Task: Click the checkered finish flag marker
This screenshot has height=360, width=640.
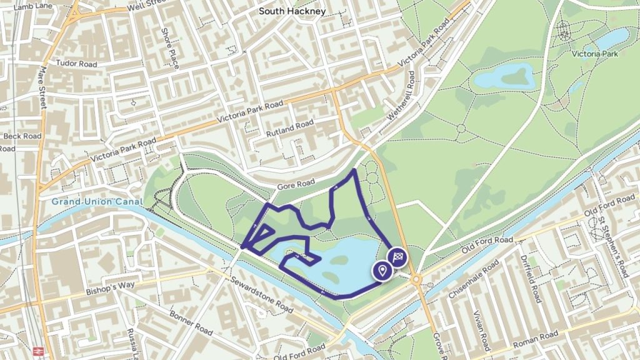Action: (399, 256)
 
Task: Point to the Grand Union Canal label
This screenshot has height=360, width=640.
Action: (97, 202)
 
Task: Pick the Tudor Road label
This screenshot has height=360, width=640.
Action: (77, 63)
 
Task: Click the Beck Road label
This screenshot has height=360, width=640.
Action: (22, 136)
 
